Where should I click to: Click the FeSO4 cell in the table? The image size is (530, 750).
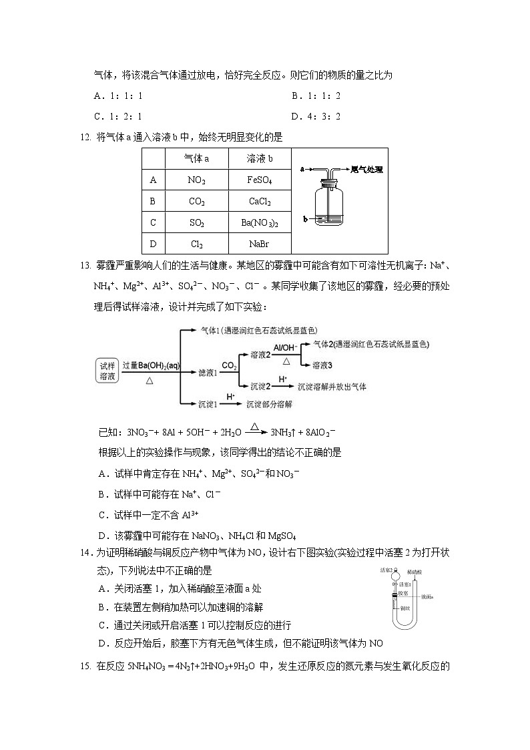260,180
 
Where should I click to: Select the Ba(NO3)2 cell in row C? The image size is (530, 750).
260,223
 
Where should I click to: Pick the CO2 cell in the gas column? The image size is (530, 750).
196,202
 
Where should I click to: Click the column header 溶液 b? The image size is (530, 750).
260,159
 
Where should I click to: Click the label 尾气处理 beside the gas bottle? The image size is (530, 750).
366,170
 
